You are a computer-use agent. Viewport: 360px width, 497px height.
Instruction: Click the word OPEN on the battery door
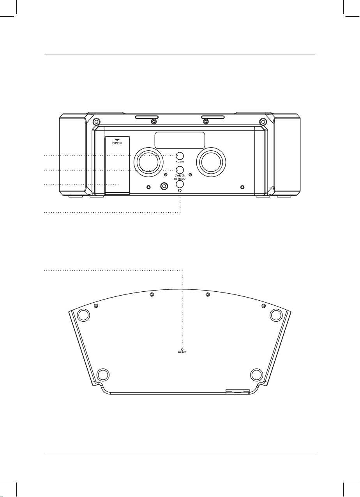(x=117, y=143)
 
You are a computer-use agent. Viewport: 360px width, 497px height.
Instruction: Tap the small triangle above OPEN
(x=117, y=139)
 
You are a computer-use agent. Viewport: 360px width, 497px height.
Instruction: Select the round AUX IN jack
(x=180, y=156)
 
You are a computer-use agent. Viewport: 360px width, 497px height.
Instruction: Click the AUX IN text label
(x=180, y=162)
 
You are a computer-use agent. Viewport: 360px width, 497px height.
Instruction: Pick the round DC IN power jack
(x=180, y=170)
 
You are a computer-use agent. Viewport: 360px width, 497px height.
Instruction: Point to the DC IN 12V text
(x=180, y=178)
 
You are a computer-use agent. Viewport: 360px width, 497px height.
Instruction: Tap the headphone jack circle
(x=180, y=184)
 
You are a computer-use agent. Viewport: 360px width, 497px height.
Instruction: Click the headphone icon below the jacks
(x=180, y=190)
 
